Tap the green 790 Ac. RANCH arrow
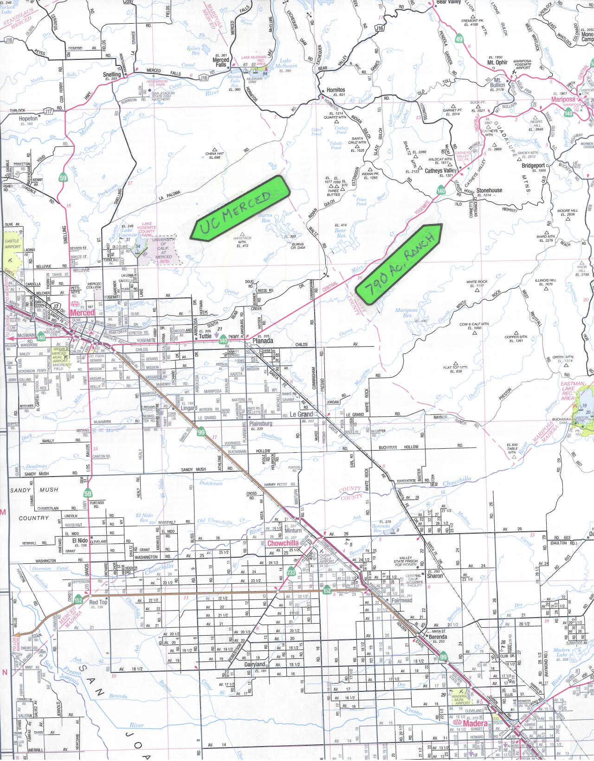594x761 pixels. tap(399, 262)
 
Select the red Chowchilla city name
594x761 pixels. tap(283, 543)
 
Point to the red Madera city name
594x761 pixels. tap(475, 723)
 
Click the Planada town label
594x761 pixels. tap(263, 341)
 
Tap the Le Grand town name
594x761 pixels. tap(301, 414)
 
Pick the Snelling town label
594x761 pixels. tap(112, 75)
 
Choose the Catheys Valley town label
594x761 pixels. tap(441, 171)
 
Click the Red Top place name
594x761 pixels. tap(98, 602)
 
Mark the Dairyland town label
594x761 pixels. tap(255, 664)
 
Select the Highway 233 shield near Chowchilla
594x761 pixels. tap(291, 572)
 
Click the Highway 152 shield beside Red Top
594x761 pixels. tap(78, 600)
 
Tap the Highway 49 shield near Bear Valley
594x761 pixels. tap(459, 39)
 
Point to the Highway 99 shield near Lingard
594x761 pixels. tap(201, 432)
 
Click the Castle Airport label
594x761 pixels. tap(12, 244)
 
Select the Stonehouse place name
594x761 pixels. tap(489, 190)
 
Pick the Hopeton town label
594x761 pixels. tap(28, 119)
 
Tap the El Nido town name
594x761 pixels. tap(80, 541)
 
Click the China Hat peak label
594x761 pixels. tap(214, 154)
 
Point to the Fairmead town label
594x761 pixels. tap(402, 600)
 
